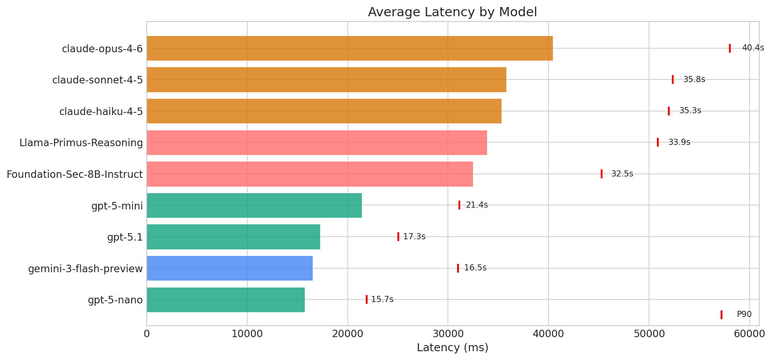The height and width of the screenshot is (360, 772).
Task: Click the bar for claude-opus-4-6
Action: click(350, 48)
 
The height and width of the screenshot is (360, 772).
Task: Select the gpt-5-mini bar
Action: click(254, 205)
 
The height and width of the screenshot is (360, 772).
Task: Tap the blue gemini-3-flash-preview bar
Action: click(230, 268)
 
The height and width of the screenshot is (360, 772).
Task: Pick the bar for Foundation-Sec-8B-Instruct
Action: click(310, 174)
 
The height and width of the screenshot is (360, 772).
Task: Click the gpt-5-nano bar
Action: click(226, 300)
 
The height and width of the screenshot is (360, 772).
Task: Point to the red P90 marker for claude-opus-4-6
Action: click(730, 48)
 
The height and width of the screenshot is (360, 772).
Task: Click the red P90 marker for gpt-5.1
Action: click(398, 237)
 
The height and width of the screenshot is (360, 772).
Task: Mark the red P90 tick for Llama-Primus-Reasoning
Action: click(658, 142)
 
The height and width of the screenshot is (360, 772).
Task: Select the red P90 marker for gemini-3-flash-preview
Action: click(458, 268)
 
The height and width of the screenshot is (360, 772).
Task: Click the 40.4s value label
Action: click(753, 48)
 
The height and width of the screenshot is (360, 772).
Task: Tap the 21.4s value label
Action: click(477, 205)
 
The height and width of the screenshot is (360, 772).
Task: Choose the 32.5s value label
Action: click(622, 174)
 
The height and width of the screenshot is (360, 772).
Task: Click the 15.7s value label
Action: click(382, 300)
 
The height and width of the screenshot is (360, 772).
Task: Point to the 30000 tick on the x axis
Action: click(448, 334)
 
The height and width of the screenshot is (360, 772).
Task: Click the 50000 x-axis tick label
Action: click(649, 334)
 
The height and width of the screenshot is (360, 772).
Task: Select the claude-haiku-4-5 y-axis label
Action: click(101, 112)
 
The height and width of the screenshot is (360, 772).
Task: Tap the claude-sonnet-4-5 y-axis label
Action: click(97, 80)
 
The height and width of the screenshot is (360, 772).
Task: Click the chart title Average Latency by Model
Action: click(452, 12)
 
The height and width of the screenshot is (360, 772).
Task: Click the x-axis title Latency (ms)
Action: click(452, 348)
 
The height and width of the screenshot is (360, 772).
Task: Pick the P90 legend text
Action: click(744, 314)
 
